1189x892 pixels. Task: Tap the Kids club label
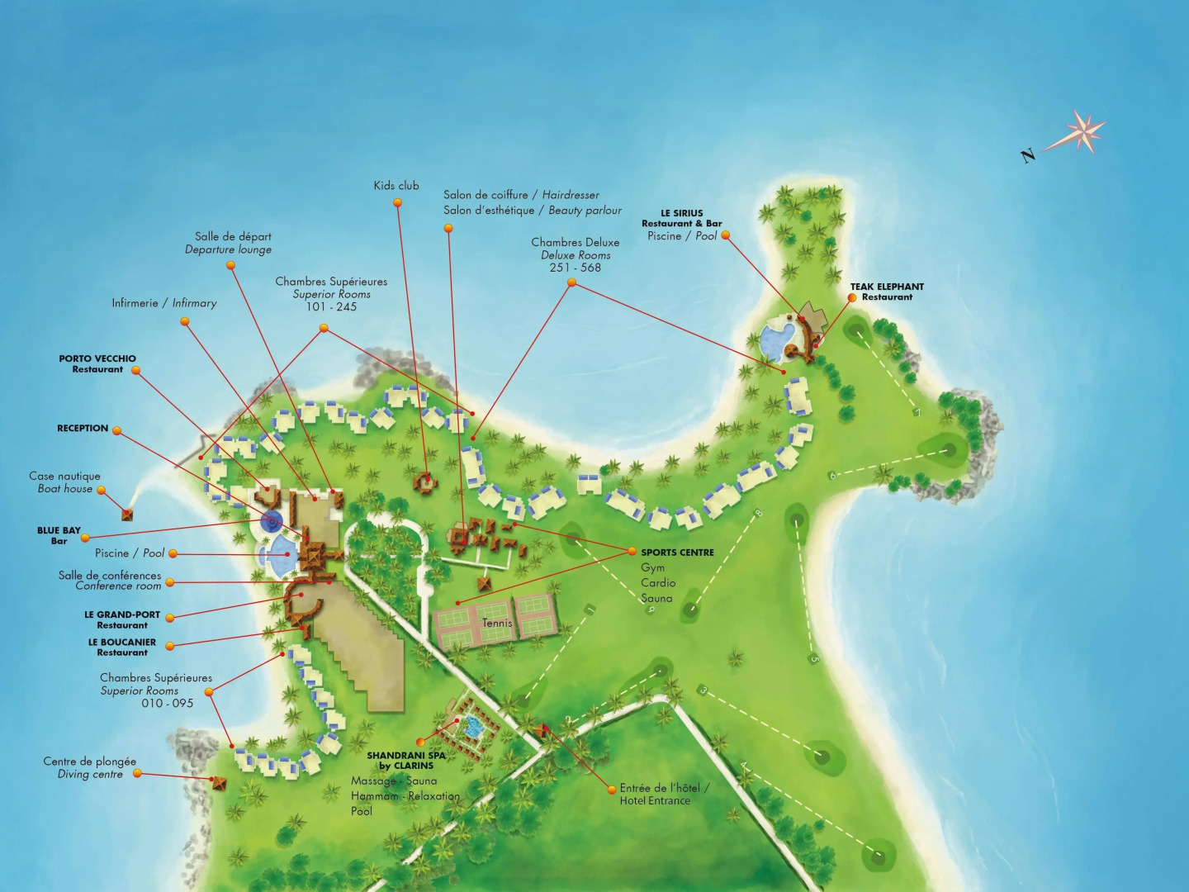coord(396,186)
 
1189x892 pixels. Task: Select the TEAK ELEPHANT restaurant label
coord(887,292)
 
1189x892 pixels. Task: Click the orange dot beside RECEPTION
coord(116,430)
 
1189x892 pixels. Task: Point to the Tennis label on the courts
coord(497,623)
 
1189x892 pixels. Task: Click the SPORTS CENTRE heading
coord(677,553)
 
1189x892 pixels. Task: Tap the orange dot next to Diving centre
coord(137,774)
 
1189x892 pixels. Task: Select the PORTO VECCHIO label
coord(97,363)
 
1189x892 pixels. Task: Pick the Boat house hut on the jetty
coord(127,515)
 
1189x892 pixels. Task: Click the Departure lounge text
coord(228,249)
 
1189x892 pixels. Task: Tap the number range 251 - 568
coord(576,268)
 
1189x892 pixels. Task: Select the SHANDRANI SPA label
coord(406,760)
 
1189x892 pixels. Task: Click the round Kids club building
coord(426,481)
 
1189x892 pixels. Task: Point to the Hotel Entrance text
coord(655,800)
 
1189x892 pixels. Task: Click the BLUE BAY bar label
coord(59,535)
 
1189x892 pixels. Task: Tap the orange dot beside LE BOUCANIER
coord(170,646)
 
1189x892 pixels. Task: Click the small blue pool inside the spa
coord(472,727)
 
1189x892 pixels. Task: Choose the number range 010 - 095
coord(167,704)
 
